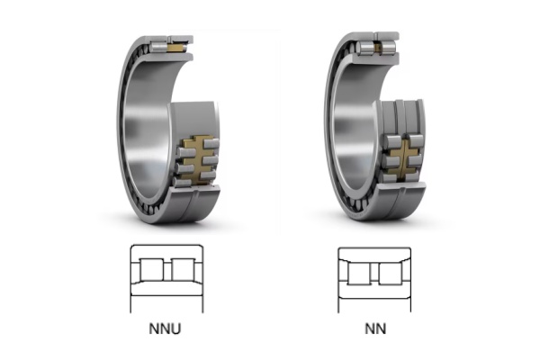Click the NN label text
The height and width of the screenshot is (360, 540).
click(374, 328)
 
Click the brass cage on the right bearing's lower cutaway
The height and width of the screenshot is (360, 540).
click(403, 155)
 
